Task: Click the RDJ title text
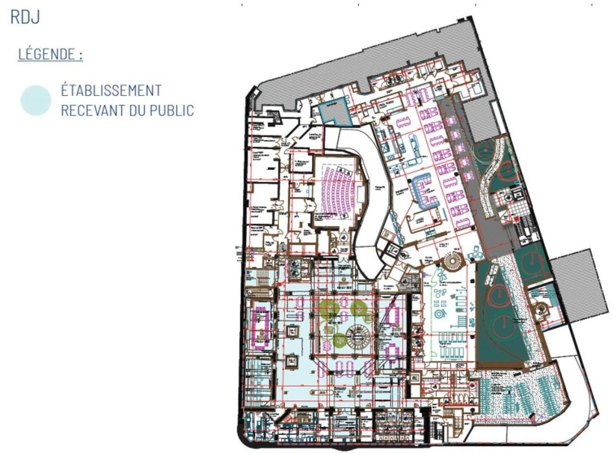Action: [x=24, y=17]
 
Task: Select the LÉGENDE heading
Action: [x=50, y=54]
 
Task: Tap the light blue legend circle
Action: [x=35, y=100]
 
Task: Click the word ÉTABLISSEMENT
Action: [x=111, y=90]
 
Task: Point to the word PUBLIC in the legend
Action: [x=171, y=110]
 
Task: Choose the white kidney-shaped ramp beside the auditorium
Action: [x=368, y=202]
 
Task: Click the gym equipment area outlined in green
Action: [x=451, y=317]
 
